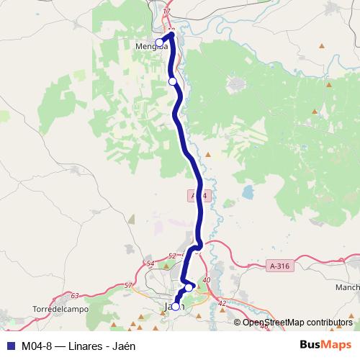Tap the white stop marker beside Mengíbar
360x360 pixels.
coord(159,42)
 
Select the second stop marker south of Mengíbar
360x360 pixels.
coord(172,81)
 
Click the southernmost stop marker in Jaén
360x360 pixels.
coord(175,306)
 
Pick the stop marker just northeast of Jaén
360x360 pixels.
coord(189,288)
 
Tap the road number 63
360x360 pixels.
coord(76,295)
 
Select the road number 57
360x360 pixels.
coord(128,286)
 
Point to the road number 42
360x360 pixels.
coord(222,303)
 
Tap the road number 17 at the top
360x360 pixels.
coord(167,12)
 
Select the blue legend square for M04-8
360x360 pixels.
coord(10,345)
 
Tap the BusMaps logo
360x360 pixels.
coord(325,345)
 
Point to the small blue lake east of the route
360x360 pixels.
coord(248,193)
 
